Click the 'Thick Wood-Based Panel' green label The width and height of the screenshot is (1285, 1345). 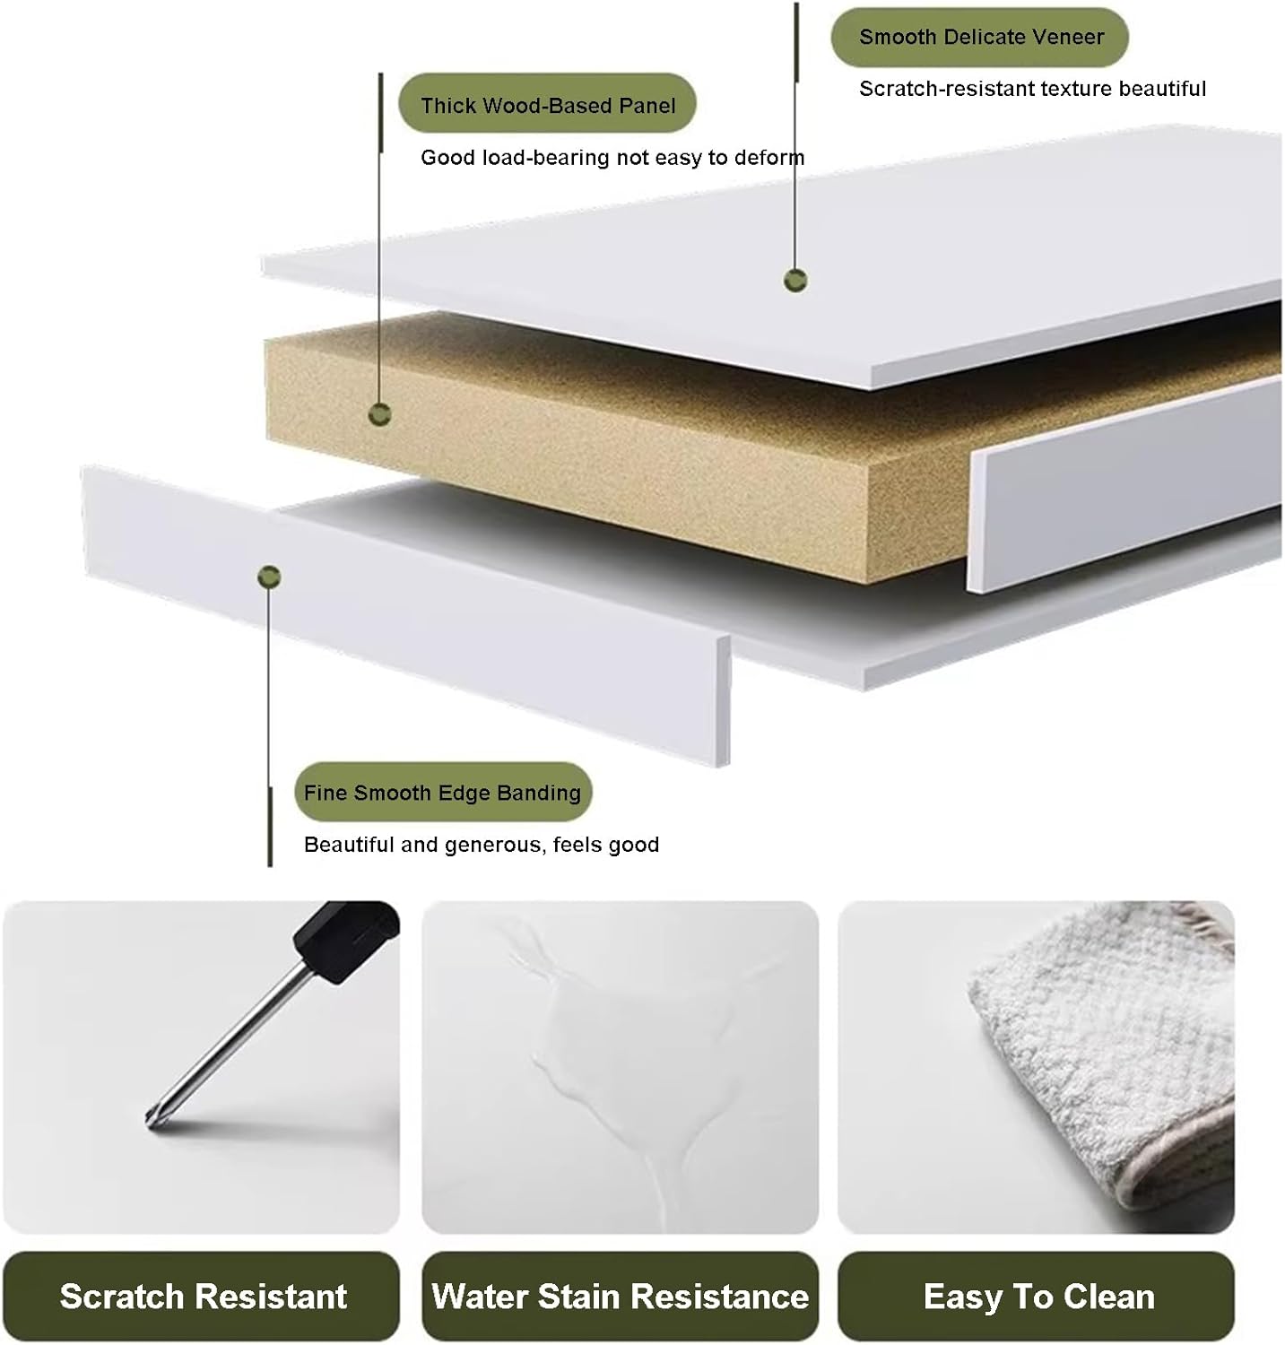point(547,105)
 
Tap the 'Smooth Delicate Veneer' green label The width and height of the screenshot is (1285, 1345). point(980,37)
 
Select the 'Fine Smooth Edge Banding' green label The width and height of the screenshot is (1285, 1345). point(442,793)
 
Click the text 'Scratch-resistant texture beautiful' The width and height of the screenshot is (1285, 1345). point(1032,89)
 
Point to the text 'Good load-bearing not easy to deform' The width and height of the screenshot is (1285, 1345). point(612,158)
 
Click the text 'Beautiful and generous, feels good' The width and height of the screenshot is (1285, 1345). point(482,845)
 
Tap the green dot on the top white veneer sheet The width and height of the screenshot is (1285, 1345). point(795,280)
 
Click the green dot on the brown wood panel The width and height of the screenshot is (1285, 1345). point(380,414)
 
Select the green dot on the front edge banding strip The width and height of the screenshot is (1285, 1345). point(269,577)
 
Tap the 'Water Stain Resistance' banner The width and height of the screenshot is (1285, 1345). point(620,1297)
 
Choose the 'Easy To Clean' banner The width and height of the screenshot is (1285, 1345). point(1037,1297)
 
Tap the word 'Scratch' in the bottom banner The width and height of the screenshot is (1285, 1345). point(122,1297)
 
